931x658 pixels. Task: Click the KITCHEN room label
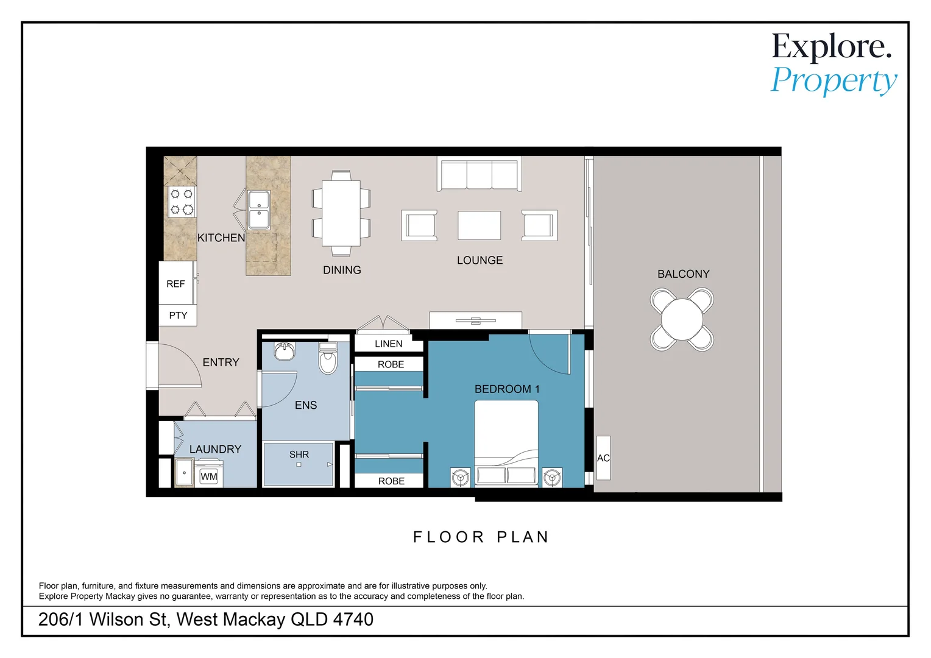pyautogui.click(x=221, y=238)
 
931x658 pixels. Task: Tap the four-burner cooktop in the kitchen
pyautogui.click(x=182, y=201)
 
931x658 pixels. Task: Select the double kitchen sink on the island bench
pyautogui.click(x=259, y=210)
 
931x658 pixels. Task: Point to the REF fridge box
pyautogui.click(x=176, y=283)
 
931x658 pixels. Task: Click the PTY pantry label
pyautogui.click(x=178, y=316)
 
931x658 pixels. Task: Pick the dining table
pyautogui.click(x=341, y=213)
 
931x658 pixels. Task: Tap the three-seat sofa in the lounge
pyautogui.click(x=480, y=174)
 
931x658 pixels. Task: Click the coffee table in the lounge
pyautogui.click(x=480, y=225)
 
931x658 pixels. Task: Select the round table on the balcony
pyautogui.click(x=682, y=319)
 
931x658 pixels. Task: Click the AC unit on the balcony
pyautogui.click(x=603, y=458)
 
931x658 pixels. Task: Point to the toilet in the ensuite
pyautogui.click(x=328, y=358)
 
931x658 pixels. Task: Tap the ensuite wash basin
pyautogui.click(x=285, y=350)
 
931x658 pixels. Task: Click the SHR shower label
pyautogui.click(x=299, y=455)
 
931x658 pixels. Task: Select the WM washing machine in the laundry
pyautogui.click(x=208, y=474)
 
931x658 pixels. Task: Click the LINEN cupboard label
pyautogui.click(x=388, y=344)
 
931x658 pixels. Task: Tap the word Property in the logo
pyautogui.click(x=834, y=81)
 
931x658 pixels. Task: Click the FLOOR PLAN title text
pyautogui.click(x=481, y=537)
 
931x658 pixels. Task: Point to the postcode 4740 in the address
pyautogui.click(x=353, y=620)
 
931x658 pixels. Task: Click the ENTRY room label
pyautogui.click(x=221, y=363)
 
